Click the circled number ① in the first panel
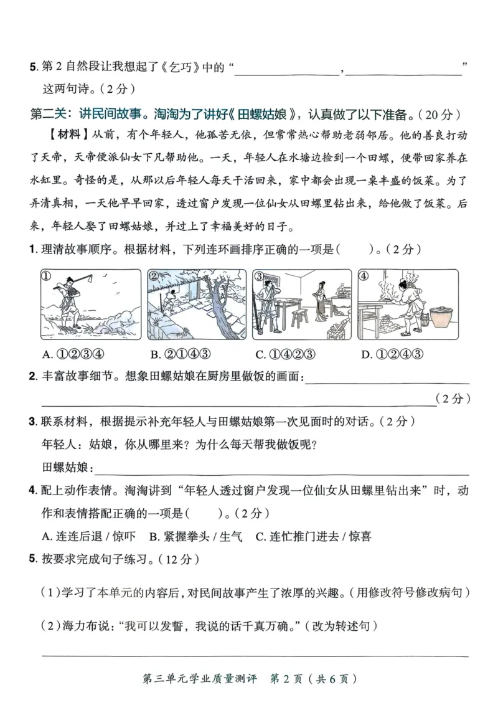pos(46,277)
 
